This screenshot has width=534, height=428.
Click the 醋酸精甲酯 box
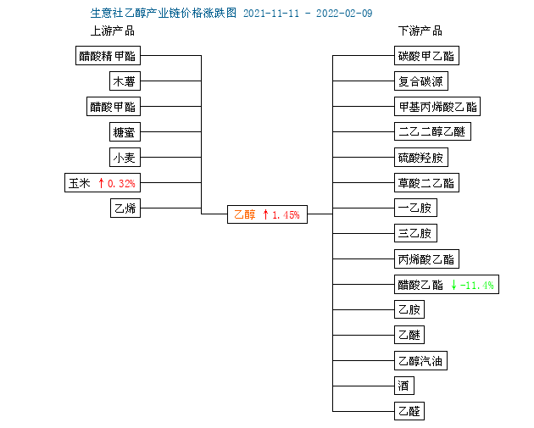pyautogui.click(x=108, y=55)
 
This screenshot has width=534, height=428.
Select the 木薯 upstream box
pyautogui.click(x=125, y=81)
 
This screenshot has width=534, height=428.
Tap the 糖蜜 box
pyautogui.click(x=125, y=131)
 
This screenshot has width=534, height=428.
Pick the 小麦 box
pyautogui.click(x=125, y=157)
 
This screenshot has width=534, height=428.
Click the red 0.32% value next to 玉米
pyautogui.click(x=121, y=184)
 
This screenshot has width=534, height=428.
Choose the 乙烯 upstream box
pyautogui.click(x=125, y=208)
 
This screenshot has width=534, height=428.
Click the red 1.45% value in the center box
pyautogui.click(x=286, y=215)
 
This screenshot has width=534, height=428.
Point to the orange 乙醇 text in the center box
pyautogui.click(x=244, y=214)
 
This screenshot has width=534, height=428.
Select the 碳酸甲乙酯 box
pyautogui.click(x=426, y=55)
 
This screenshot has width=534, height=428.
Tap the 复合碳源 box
pyautogui.click(x=421, y=81)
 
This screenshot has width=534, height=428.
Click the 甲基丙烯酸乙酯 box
pyautogui.click(x=437, y=106)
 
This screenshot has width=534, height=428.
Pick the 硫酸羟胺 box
pyautogui.click(x=421, y=157)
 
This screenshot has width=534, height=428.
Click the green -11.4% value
pyautogui.click(x=476, y=285)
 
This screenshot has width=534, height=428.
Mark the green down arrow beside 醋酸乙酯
pyautogui.click(x=453, y=285)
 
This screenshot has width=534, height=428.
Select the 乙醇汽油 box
pyautogui.click(x=420, y=360)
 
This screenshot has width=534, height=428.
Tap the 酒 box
pyautogui.click(x=404, y=386)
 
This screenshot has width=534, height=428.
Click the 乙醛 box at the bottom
pyautogui.click(x=409, y=411)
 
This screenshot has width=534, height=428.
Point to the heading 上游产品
pyautogui.click(x=113, y=31)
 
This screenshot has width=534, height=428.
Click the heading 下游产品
pyautogui.click(x=420, y=31)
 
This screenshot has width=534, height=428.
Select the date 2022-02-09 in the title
pyautogui.click(x=344, y=14)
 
